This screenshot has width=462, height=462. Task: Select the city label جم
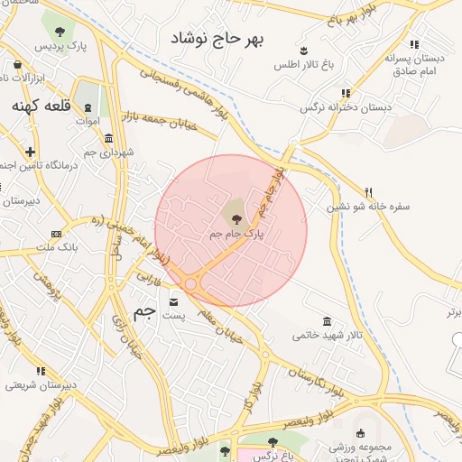144,312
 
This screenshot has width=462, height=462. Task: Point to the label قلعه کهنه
41,106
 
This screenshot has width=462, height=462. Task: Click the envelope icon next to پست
173,301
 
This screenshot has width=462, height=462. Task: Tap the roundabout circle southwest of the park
191,285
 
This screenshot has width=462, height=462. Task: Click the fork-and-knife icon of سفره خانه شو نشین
368,192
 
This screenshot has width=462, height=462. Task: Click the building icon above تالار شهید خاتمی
327,321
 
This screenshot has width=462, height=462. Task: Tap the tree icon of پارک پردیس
60,30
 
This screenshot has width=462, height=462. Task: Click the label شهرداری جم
109,152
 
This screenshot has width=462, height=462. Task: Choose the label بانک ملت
58,247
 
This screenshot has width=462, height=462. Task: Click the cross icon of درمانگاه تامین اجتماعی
31,152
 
